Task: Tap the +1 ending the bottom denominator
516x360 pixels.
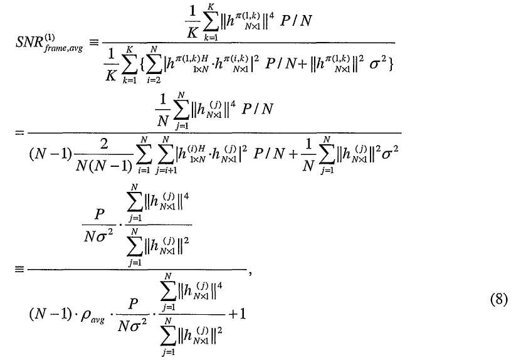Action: click(236, 312)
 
